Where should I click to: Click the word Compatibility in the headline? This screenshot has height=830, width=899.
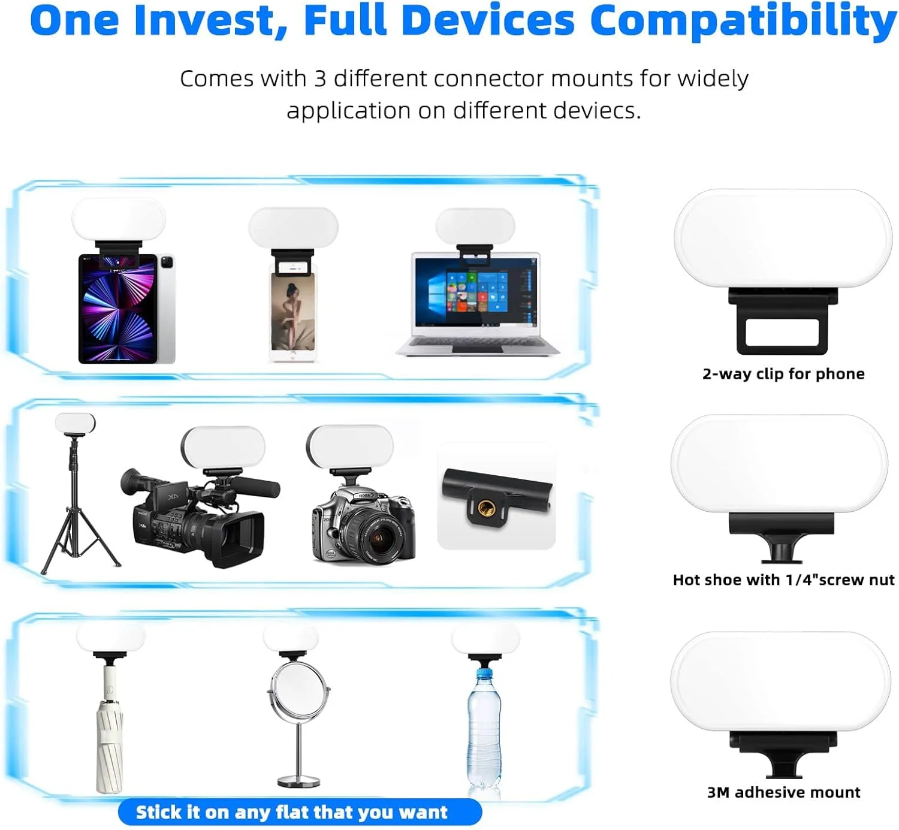[743, 22]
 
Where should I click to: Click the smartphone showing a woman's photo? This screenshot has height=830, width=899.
[293, 312]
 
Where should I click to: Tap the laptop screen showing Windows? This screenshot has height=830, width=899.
[476, 292]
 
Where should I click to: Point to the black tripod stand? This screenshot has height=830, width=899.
[80, 503]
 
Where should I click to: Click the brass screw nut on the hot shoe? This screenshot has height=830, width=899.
[487, 507]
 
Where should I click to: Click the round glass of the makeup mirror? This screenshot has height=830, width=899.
[298, 690]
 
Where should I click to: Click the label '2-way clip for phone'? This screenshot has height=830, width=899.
[783, 374]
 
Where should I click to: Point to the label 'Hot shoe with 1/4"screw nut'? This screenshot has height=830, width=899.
[783, 580]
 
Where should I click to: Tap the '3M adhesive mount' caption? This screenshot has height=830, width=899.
[783, 792]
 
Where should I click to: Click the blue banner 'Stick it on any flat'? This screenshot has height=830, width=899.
[300, 812]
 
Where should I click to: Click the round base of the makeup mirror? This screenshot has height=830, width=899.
[298, 781]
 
